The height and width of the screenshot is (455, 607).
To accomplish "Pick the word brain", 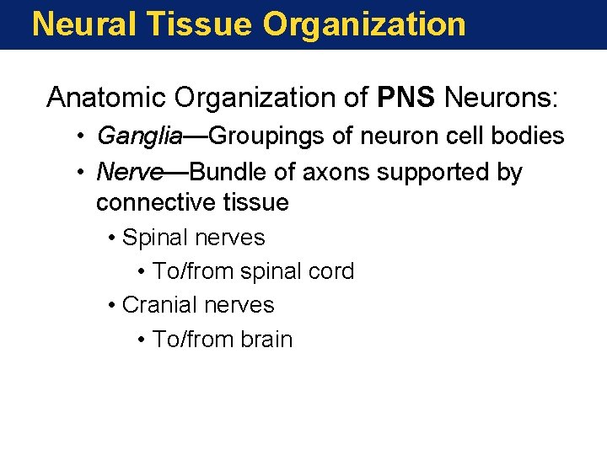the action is [x=266, y=340].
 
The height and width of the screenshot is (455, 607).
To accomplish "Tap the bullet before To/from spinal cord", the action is [x=142, y=272].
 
